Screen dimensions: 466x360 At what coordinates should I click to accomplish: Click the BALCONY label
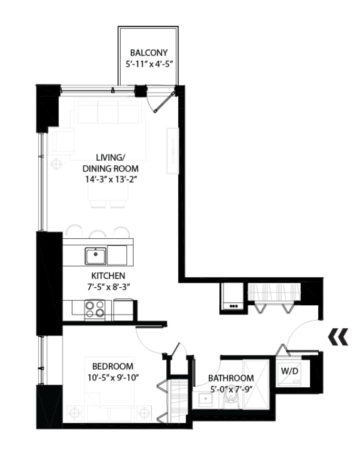(x=148, y=53)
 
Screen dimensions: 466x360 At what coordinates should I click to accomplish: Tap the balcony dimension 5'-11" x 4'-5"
(x=148, y=64)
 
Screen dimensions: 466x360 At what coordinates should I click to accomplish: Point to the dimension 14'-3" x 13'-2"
(x=111, y=179)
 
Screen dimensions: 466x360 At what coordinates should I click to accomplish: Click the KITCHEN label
(x=107, y=275)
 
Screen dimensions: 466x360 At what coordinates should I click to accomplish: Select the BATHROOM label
(x=231, y=378)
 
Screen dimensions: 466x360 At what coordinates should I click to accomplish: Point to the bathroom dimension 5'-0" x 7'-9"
(x=231, y=389)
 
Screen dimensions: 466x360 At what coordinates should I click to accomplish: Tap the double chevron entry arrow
(x=337, y=338)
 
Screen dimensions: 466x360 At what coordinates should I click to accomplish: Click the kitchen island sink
(x=96, y=255)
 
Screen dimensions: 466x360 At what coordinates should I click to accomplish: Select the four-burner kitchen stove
(x=95, y=308)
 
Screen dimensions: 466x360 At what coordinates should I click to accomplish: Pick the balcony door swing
(x=164, y=100)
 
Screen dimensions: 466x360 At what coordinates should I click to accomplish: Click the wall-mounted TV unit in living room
(x=171, y=150)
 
